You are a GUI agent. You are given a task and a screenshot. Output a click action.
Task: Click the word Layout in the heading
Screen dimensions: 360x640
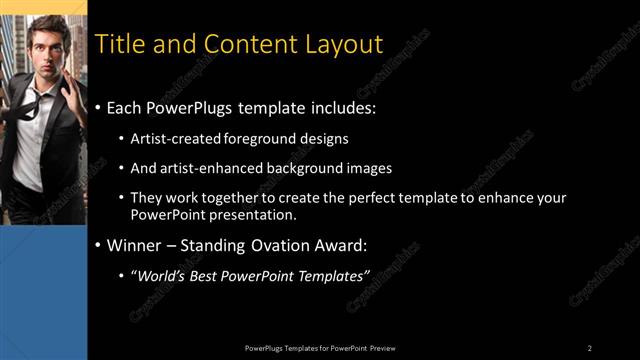click(x=343, y=45)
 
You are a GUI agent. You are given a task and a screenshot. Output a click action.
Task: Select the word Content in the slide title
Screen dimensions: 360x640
click(x=244, y=45)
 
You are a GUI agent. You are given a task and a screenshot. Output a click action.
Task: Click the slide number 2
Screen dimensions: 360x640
click(x=590, y=347)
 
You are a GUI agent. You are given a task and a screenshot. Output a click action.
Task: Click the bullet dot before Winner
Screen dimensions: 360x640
click(x=98, y=245)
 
